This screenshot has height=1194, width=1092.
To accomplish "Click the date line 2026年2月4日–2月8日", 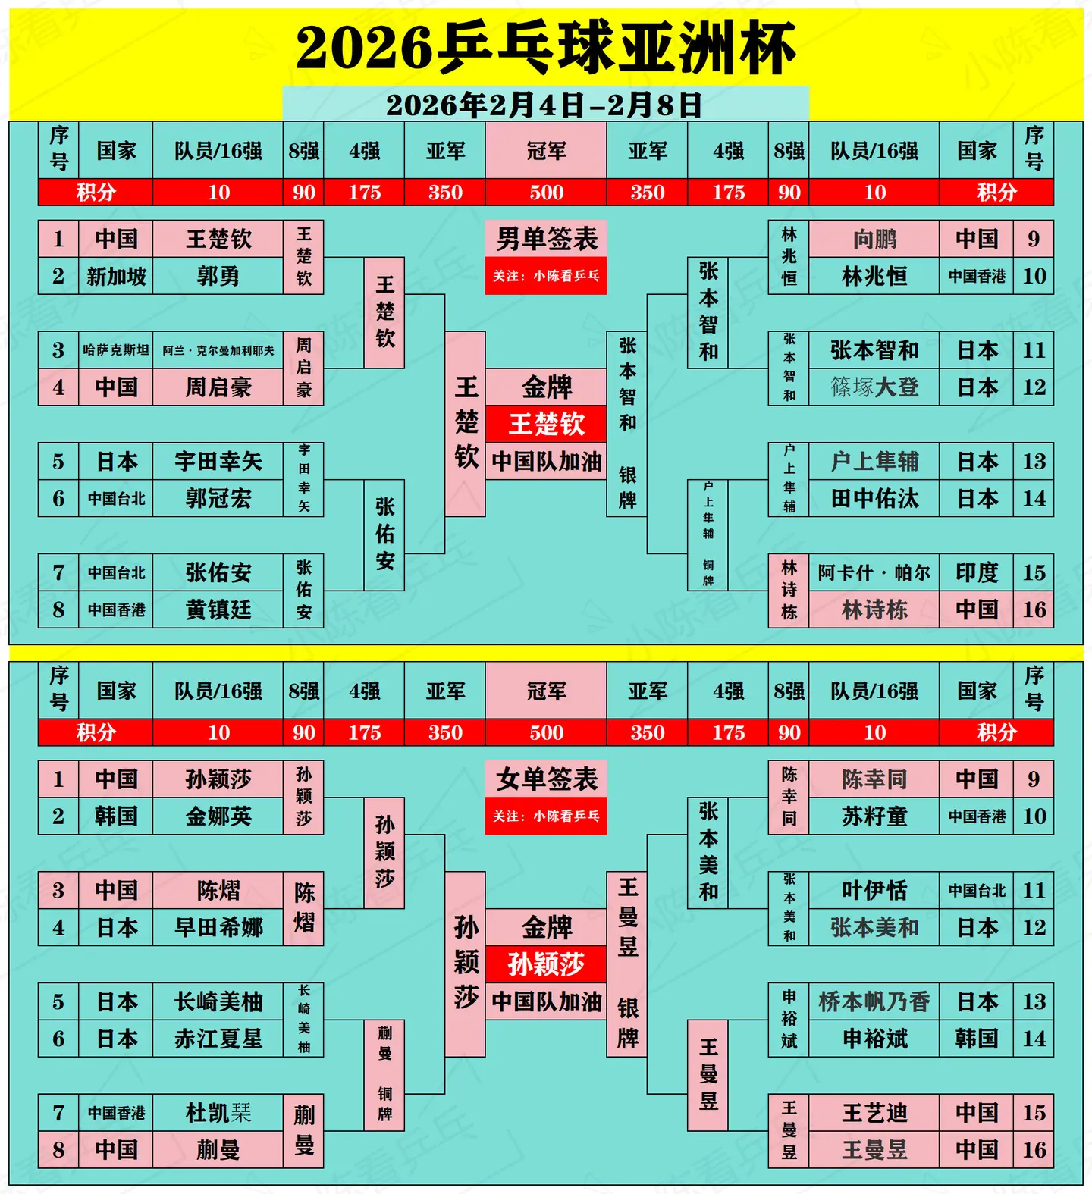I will [x=544, y=105].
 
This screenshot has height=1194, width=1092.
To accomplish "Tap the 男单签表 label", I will [x=546, y=240].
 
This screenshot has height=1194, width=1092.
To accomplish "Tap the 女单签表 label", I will [x=546, y=779].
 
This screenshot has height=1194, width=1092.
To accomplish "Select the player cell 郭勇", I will [x=218, y=276].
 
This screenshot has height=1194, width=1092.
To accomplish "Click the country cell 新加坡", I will [x=116, y=276].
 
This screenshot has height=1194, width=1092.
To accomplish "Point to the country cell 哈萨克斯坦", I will [x=116, y=350].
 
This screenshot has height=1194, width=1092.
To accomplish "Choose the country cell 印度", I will [x=976, y=572].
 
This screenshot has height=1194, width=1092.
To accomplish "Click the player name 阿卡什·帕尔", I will [x=874, y=572].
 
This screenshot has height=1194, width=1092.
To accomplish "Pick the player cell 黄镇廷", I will [x=218, y=610].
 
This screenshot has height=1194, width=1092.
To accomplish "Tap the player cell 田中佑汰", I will [x=874, y=499].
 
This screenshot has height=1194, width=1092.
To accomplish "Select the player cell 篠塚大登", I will [x=874, y=387].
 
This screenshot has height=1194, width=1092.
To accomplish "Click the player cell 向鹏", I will [x=874, y=240].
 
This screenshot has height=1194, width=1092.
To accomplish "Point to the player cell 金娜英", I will [x=218, y=816].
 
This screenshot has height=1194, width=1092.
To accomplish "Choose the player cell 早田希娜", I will [x=218, y=927].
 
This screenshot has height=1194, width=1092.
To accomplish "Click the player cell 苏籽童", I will [x=874, y=816].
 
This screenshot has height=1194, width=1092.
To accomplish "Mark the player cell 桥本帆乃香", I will [x=874, y=1001].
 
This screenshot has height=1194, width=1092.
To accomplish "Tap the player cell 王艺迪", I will [x=874, y=1113].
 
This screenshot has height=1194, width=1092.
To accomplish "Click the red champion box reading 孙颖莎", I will [x=546, y=964].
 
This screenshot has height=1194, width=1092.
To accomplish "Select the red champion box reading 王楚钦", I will [x=546, y=424].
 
